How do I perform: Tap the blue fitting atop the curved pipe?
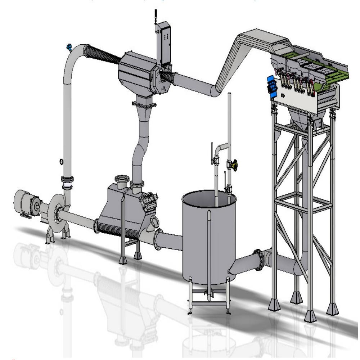pyautogui.click(x=68, y=47)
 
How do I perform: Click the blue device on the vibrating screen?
pyautogui.click(x=271, y=87)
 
